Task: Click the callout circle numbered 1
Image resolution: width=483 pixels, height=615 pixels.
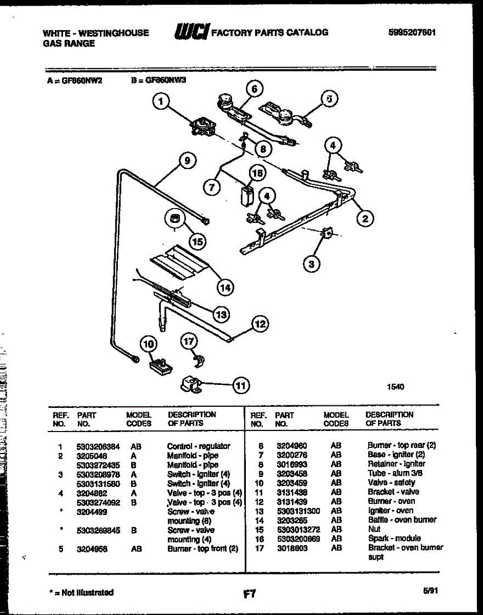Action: click(161, 102)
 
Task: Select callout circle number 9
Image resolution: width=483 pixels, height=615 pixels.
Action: click(187, 160)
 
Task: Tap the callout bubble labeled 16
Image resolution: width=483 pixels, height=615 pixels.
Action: click(258, 173)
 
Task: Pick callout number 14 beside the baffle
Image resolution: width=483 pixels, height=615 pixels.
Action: click(224, 288)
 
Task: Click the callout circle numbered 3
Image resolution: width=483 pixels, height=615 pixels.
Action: click(311, 264)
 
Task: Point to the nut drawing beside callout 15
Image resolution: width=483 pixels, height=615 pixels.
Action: click(175, 219)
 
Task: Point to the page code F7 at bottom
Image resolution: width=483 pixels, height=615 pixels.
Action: click(249, 594)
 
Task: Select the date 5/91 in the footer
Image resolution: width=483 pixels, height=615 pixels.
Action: click(430, 591)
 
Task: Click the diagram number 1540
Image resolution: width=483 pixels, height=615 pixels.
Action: click(395, 387)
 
